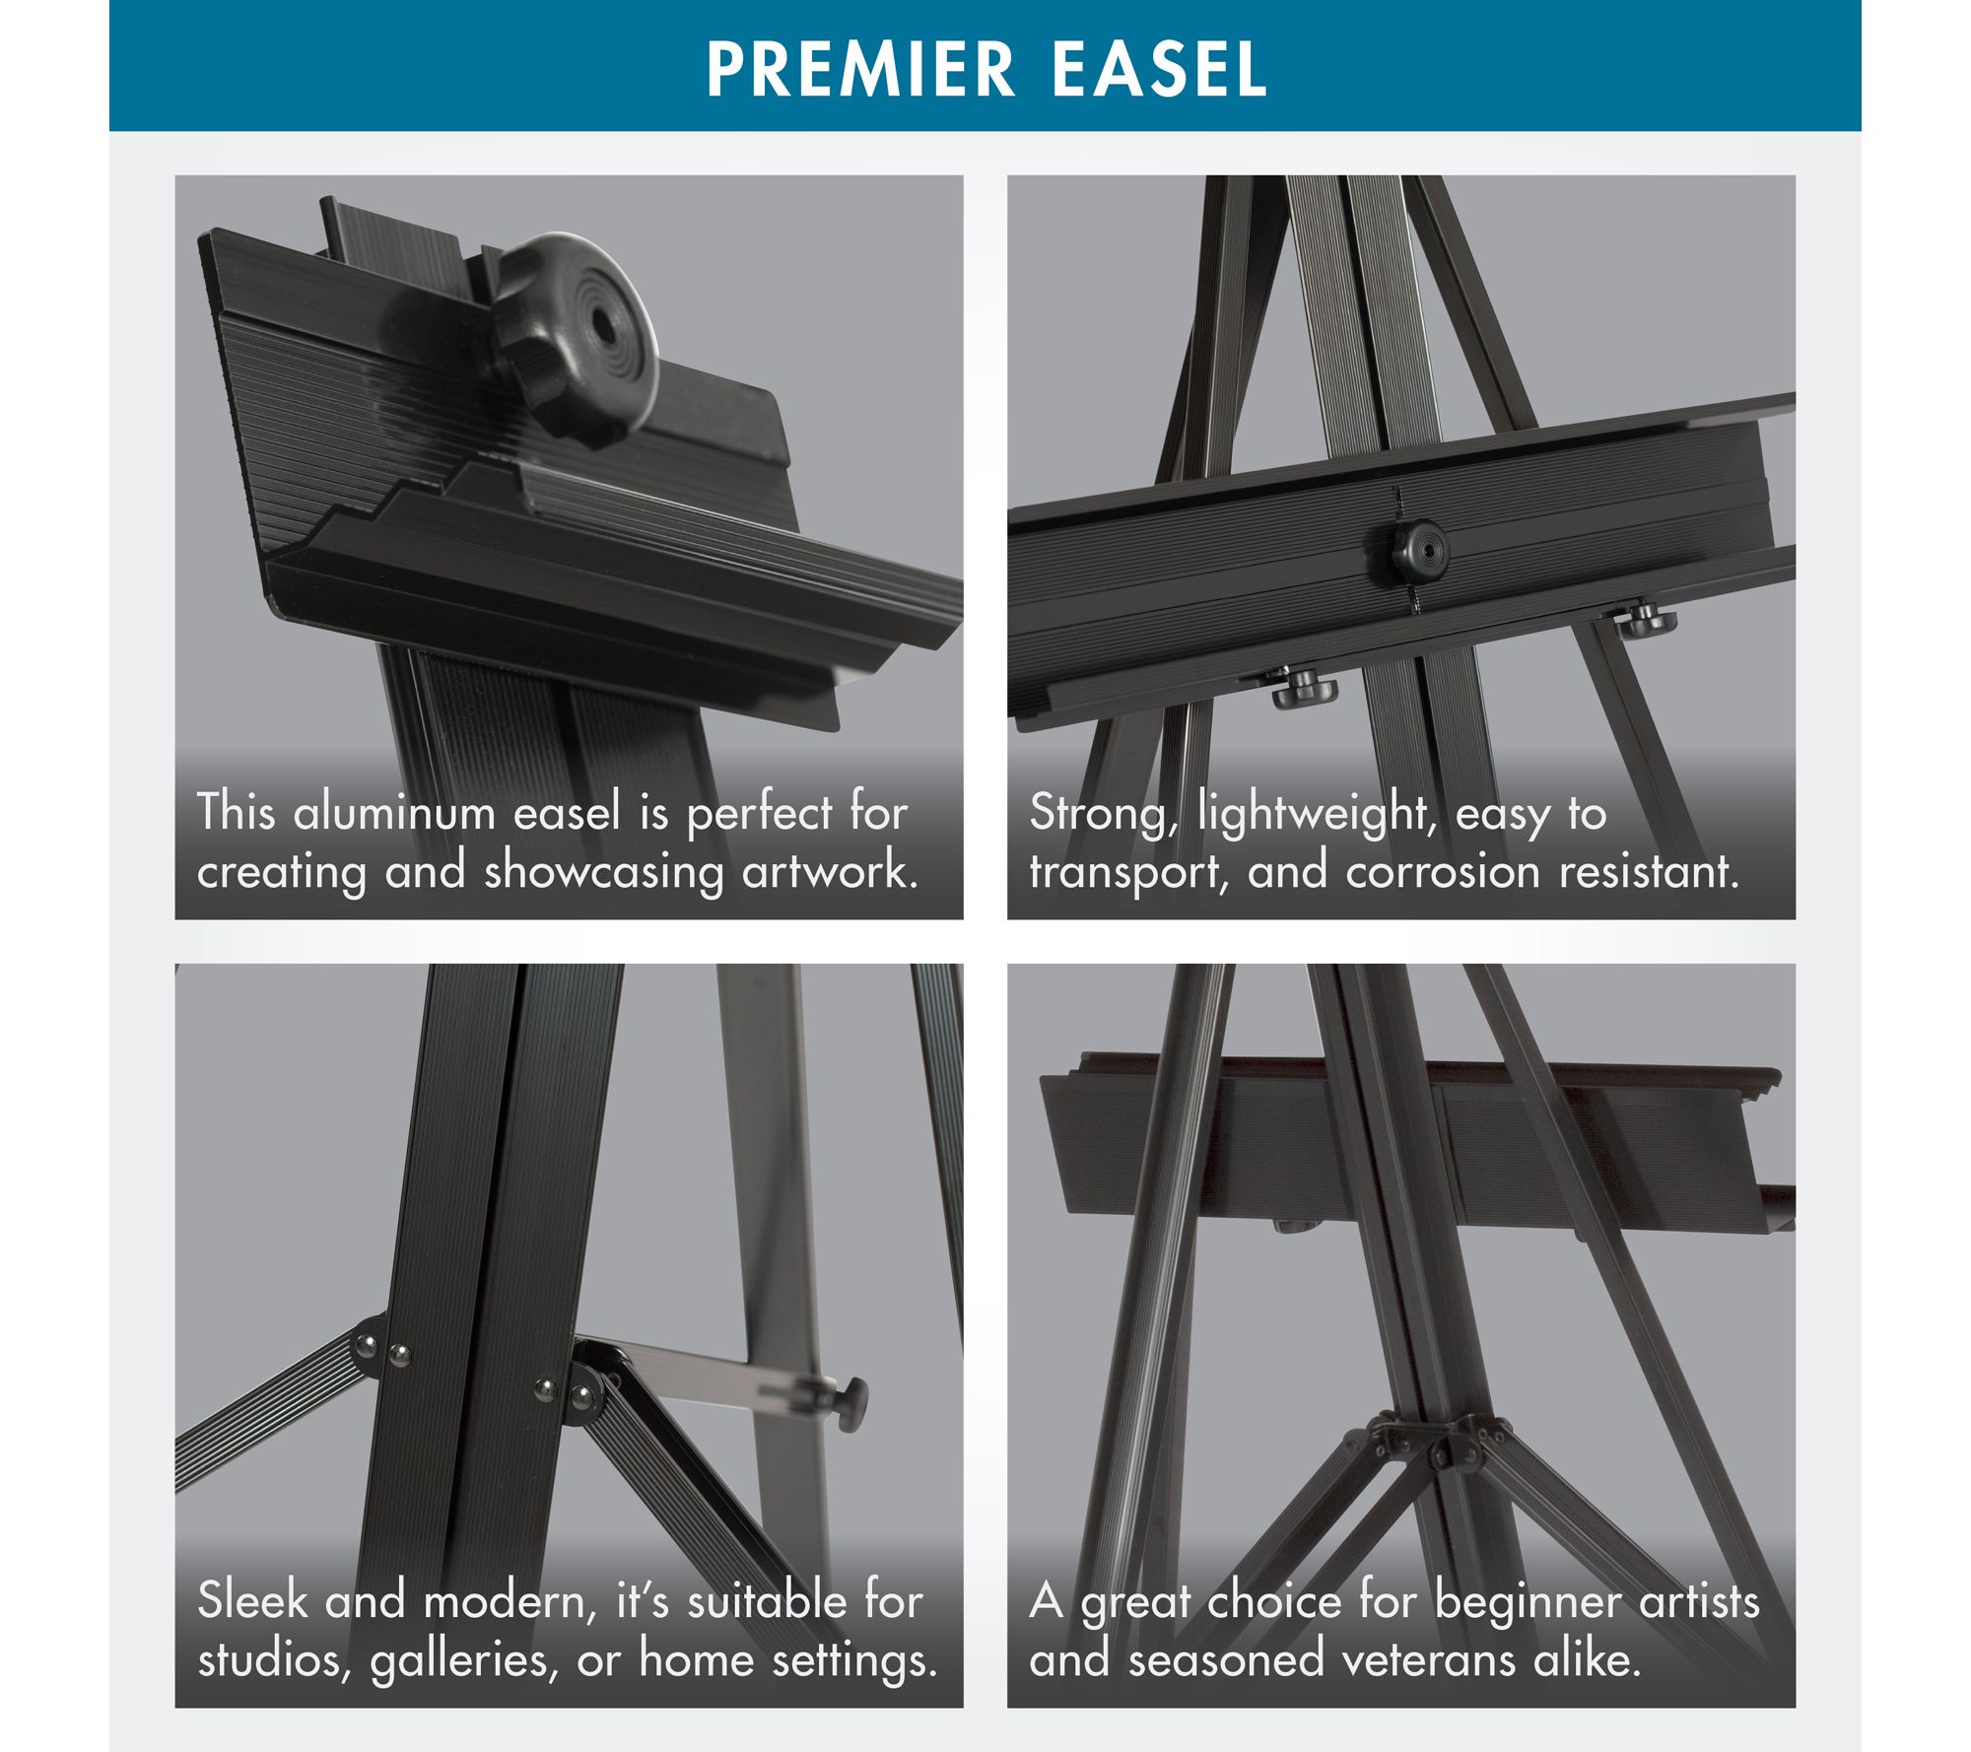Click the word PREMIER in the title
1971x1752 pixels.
point(860,69)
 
